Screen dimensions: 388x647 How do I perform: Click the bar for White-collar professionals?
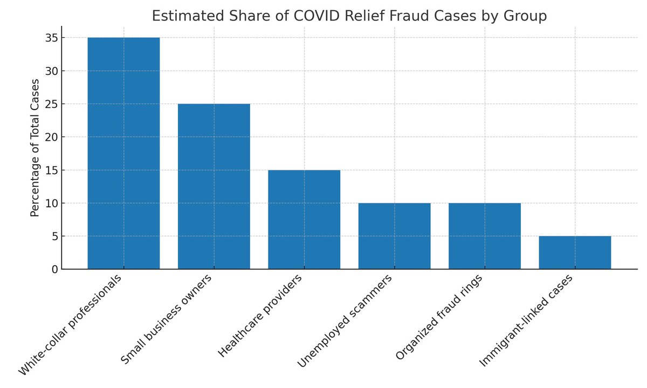[x=123, y=154]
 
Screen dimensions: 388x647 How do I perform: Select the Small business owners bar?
[x=214, y=186]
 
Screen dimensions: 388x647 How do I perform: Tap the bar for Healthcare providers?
[x=304, y=219]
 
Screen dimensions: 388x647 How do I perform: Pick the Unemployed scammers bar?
[x=394, y=236]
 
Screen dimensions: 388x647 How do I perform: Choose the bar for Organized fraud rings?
[x=485, y=236]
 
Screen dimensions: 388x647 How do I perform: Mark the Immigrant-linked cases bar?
[x=575, y=253]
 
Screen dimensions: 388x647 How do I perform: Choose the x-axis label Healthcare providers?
[x=260, y=316]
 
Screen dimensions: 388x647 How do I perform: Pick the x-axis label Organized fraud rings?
[x=439, y=318]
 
